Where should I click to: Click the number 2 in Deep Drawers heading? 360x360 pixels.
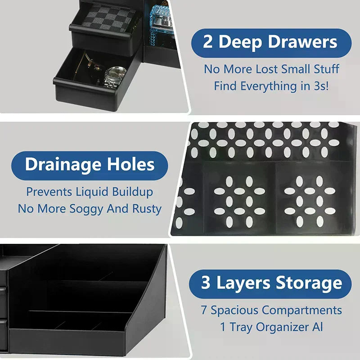coord(207,42)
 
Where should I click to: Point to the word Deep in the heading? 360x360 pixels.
coord(240,42)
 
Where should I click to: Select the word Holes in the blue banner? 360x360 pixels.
coord(130,164)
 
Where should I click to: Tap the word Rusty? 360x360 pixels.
coord(146,209)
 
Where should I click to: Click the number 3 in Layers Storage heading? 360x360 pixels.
coord(206,283)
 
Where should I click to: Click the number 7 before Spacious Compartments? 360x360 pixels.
coord(204,310)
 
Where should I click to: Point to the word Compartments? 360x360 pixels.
coord(302,310)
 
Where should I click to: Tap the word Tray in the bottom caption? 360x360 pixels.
coord(241,327)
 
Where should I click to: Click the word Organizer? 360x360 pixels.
coord(283,327)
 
